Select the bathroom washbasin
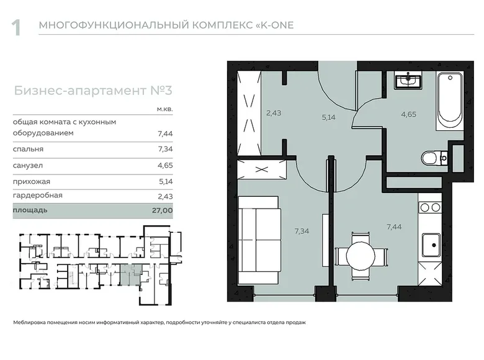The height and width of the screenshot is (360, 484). tap(408, 79)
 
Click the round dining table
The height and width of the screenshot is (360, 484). tap(361, 256)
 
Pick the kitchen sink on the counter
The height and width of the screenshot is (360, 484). tap(431, 245)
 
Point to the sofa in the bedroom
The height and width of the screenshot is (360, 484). tap(260, 240)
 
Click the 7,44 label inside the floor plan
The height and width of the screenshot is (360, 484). tap(394, 227)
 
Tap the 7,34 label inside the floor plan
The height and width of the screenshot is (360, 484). tap(302, 231)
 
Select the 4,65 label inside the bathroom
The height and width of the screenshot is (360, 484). tap(409, 114)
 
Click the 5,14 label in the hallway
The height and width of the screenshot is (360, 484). tap(328, 117)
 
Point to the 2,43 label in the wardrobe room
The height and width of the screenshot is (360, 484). tap(274, 113)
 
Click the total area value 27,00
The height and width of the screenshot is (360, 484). tap(163, 210)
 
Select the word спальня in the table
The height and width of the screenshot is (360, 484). tap(28, 149)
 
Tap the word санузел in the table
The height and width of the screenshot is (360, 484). tap(28, 166)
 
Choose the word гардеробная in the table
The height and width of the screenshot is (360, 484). tap(38, 196)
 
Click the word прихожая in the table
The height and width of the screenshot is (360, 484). tap(32, 181)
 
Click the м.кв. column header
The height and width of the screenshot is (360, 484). tap(165, 109)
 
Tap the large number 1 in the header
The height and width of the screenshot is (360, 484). tap(16, 28)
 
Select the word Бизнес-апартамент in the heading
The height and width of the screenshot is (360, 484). tap(80, 91)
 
